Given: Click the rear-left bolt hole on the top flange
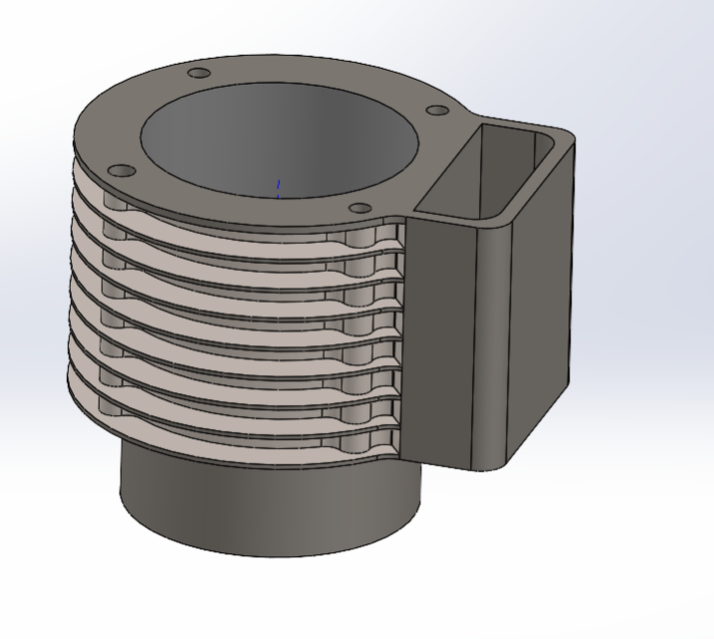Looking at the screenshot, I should [x=199, y=74].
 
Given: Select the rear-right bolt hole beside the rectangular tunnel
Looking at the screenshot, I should [x=437, y=111].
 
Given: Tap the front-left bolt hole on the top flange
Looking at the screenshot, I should [x=120, y=171].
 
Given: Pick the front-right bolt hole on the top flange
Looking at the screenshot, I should [x=359, y=209].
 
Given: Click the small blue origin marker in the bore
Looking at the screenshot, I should [x=279, y=187].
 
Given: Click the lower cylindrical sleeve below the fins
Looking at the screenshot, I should [x=270, y=499].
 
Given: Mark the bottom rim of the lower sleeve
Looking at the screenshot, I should [x=270, y=552].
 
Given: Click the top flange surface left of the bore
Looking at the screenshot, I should [x=110, y=130].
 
